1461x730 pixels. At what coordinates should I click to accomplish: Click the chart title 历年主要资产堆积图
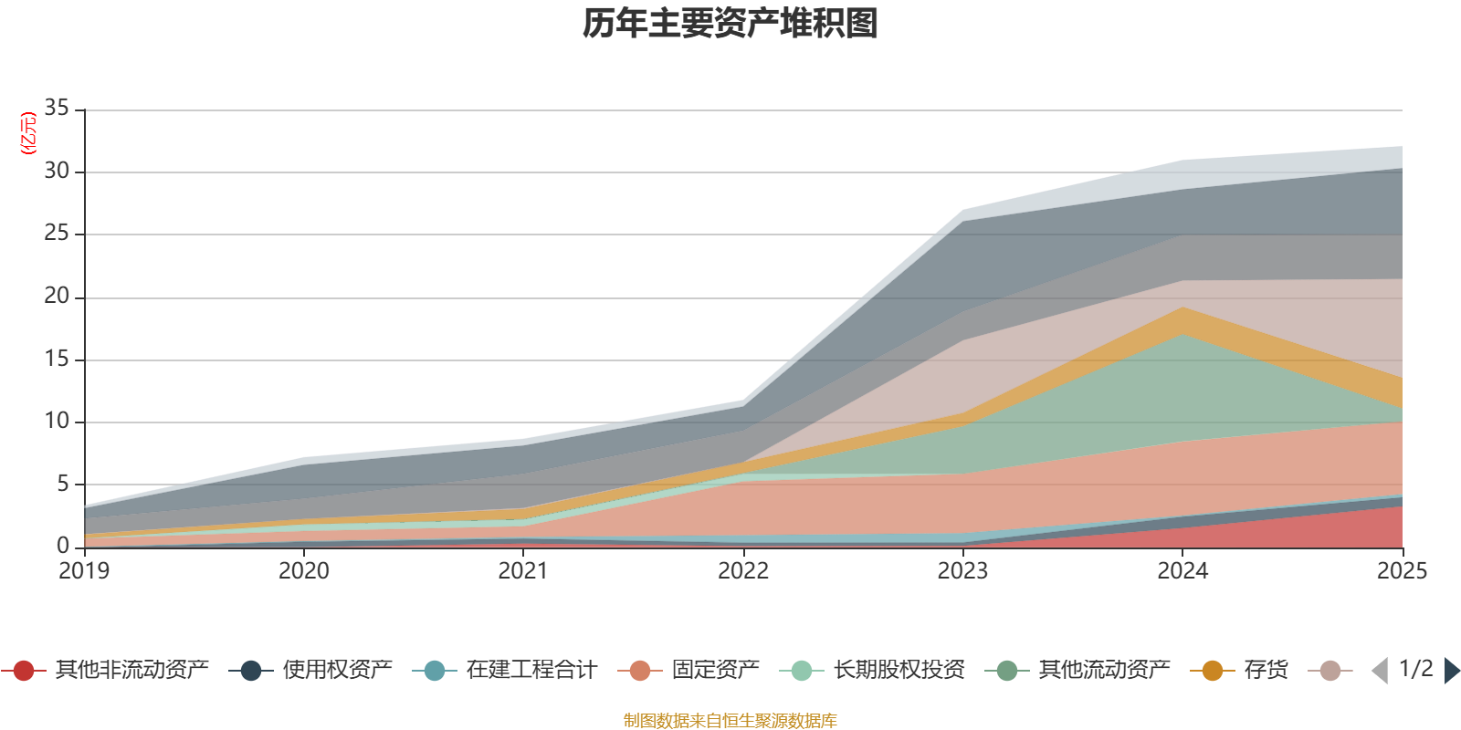[x=730, y=24]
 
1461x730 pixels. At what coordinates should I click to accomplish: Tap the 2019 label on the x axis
[x=84, y=571]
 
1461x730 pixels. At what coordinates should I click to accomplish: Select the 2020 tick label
[x=304, y=571]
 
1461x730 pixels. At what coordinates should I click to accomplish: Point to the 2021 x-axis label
[x=523, y=571]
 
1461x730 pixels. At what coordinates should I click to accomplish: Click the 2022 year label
[x=743, y=571]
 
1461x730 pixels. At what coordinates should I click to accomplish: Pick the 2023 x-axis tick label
[x=962, y=571]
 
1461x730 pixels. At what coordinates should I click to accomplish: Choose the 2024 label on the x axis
[x=1182, y=571]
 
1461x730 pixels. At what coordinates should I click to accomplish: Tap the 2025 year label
[x=1401, y=571]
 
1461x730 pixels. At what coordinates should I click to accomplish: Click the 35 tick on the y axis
[x=57, y=109]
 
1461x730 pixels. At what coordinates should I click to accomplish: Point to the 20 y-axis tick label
[x=57, y=297]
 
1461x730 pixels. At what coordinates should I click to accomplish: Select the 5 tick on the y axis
[x=63, y=485]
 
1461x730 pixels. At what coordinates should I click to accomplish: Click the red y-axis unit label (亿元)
[x=28, y=133]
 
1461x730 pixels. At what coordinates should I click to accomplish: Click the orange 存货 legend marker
[x=1213, y=672]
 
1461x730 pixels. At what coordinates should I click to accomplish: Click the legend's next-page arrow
[x=1451, y=671]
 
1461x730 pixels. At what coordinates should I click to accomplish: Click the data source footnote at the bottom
[x=730, y=721]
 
